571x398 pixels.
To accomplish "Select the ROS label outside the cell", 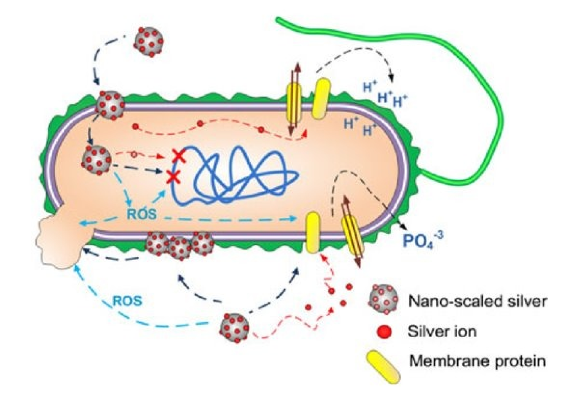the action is point(127,301).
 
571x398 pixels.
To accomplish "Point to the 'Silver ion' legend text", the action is point(442,331).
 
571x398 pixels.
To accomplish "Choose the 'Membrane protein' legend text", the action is point(477,361).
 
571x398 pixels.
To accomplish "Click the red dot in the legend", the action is point(384,332).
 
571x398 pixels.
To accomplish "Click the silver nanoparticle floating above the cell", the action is point(148,42).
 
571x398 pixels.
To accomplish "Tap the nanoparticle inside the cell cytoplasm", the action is point(97,160).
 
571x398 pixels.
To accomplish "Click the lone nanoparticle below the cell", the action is point(235,328).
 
